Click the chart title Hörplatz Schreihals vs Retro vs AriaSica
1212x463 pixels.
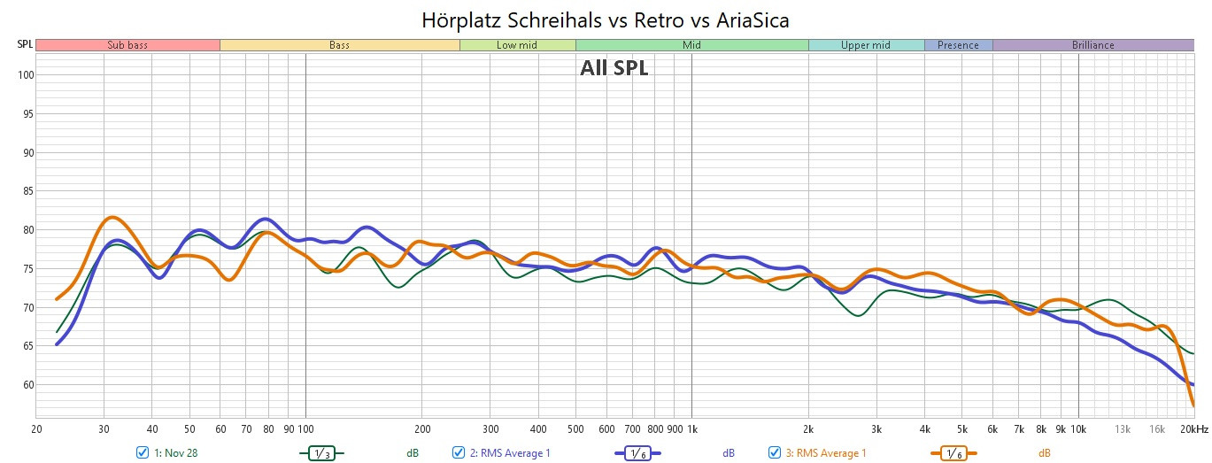click(605, 19)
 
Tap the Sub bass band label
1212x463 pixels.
click(127, 45)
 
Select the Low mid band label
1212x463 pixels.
click(517, 45)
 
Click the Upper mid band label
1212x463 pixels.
click(866, 45)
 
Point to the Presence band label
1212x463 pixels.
click(958, 45)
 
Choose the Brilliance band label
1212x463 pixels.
click(1092, 45)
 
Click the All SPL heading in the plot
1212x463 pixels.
click(614, 68)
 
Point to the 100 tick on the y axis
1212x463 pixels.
click(25, 75)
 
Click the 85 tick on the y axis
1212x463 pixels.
click(27, 191)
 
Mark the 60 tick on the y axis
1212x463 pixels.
click(27, 385)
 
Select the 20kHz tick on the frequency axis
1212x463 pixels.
click(1193, 429)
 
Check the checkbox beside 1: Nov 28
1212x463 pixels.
click(143, 452)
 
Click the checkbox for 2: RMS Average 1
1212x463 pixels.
click(459, 452)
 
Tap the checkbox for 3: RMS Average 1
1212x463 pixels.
click(775, 452)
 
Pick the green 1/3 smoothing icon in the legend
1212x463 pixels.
click(321, 452)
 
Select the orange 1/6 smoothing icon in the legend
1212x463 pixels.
click(953, 452)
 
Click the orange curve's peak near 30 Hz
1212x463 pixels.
click(111, 217)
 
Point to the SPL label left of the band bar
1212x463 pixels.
click(25, 44)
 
